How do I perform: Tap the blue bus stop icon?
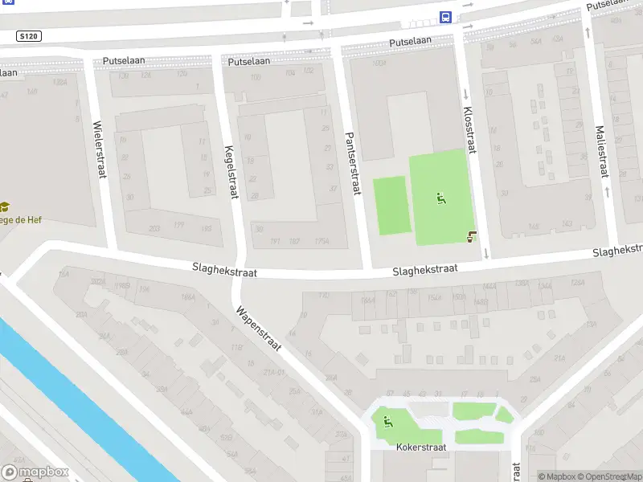click(x=444, y=17)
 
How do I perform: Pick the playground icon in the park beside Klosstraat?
click(x=440, y=198)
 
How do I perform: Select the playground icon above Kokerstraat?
click(x=387, y=419)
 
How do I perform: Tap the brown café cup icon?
click(x=471, y=236)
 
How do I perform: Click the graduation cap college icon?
click(x=4, y=206)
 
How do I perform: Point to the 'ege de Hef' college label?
click(x=21, y=219)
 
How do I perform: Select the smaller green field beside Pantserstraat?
click(x=391, y=206)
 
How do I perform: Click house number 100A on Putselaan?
click(x=379, y=63)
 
